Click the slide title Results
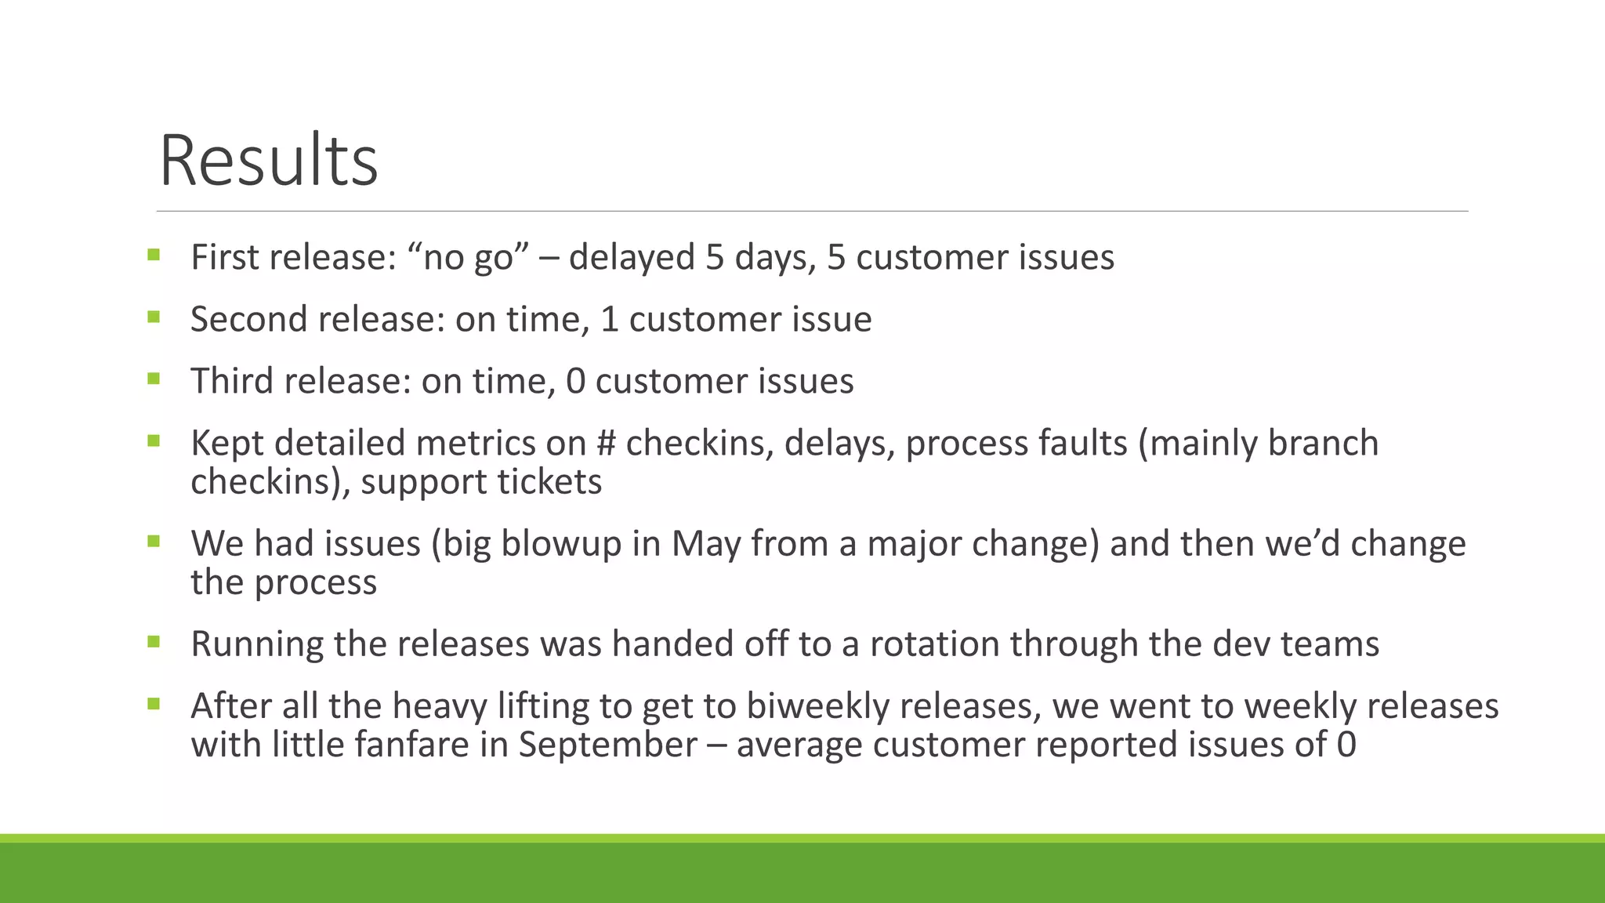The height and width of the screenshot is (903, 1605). (x=269, y=161)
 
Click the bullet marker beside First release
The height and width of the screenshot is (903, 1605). (x=154, y=255)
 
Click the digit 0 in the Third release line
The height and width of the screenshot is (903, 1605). (x=575, y=381)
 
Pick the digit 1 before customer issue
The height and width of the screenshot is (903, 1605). (x=609, y=319)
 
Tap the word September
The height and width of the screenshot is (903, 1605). (x=607, y=744)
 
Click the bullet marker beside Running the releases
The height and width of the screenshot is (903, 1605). (x=154, y=642)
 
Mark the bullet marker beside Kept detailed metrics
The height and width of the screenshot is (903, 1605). (x=154, y=441)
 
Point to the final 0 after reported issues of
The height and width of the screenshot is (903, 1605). (x=1346, y=744)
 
